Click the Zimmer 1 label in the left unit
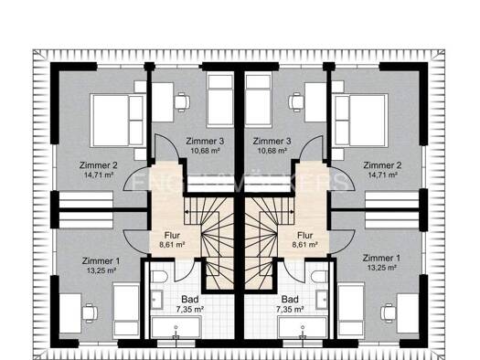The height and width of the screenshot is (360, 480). click(x=101, y=261)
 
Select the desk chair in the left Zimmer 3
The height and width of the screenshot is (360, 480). click(x=182, y=101)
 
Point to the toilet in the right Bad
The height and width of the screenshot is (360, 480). click(x=320, y=277)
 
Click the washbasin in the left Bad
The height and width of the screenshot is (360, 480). click(x=157, y=300)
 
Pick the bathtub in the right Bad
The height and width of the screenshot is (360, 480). click(x=303, y=327)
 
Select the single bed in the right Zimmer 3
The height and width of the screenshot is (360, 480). click(x=259, y=100)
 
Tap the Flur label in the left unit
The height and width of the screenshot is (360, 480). click(x=172, y=236)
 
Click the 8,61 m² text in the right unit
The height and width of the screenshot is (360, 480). click(x=304, y=245)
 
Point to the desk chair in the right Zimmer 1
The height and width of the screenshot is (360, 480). click(x=389, y=313)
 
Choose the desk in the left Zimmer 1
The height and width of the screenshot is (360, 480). click(x=70, y=313)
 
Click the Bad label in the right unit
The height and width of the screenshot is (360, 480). click(x=290, y=299)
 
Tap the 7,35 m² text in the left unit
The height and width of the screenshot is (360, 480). click(x=190, y=310)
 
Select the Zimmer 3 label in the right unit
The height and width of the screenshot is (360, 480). click(x=272, y=142)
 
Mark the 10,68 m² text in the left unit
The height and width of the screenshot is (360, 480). click(x=205, y=151)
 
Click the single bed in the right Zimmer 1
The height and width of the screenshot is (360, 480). click(x=351, y=311)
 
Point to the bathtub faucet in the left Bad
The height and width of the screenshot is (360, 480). click(x=176, y=333)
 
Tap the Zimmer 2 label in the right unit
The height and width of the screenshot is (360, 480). click(x=382, y=165)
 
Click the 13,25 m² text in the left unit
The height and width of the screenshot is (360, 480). click(x=101, y=270)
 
